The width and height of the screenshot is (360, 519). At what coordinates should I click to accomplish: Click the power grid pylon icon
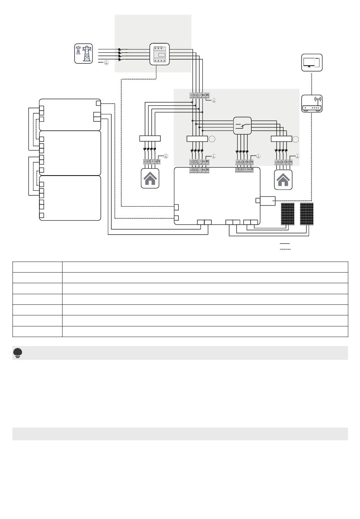click(84, 53)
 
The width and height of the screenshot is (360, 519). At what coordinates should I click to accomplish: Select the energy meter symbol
click(160, 54)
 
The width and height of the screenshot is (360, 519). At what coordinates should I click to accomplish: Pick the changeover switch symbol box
click(242, 125)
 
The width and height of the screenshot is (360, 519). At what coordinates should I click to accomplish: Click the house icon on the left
click(150, 179)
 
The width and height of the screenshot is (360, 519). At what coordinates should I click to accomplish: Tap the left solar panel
click(288, 214)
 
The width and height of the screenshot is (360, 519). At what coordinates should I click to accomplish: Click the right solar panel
click(307, 214)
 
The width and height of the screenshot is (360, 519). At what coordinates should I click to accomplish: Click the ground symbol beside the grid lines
click(106, 63)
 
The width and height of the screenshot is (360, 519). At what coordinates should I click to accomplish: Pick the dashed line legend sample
click(285, 249)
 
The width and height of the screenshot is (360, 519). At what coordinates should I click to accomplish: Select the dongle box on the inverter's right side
click(268, 201)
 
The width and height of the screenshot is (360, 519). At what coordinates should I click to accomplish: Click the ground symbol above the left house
click(166, 156)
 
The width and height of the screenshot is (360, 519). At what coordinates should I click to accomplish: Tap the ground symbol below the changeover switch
click(259, 156)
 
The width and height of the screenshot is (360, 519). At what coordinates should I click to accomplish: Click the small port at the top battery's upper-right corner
click(99, 103)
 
